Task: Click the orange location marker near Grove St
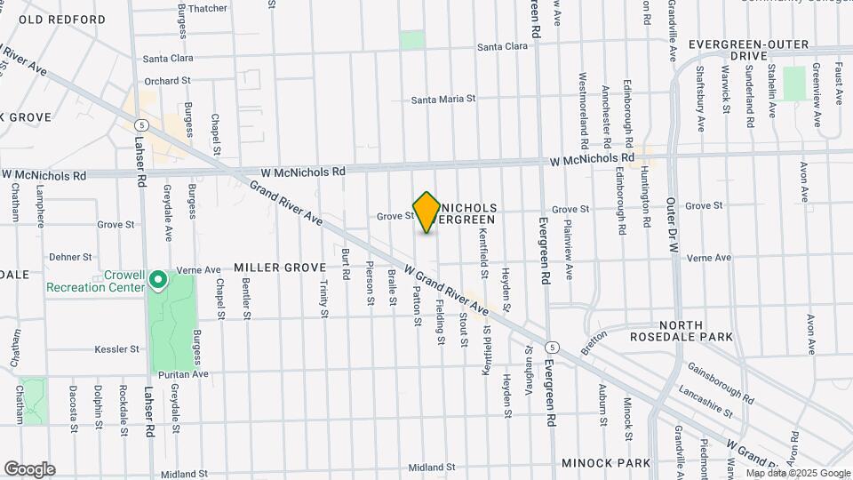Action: (426, 212)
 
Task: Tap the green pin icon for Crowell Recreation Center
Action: (159, 281)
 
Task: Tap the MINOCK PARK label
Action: (607, 463)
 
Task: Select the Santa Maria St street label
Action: (443, 100)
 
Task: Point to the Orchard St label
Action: (167, 80)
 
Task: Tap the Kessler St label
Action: (116, 349)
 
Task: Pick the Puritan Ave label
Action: (184, 375)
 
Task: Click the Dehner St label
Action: (71, 256)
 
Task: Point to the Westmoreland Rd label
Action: (584, 109)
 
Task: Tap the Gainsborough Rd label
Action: (720, 380)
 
